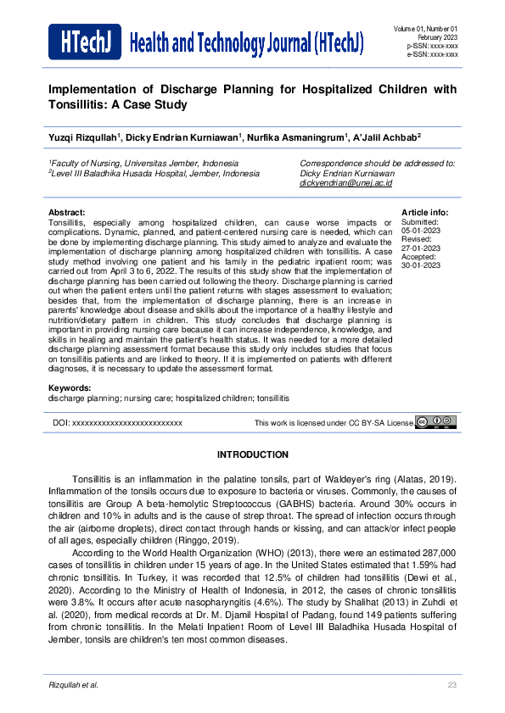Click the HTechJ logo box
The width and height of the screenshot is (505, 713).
84,42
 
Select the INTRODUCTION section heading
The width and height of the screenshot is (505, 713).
252,454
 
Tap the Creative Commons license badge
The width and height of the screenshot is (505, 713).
436,422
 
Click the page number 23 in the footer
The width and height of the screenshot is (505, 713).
452,684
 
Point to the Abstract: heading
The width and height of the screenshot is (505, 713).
67,211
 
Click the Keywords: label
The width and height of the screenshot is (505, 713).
70,387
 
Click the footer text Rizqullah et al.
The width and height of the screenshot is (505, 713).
74,684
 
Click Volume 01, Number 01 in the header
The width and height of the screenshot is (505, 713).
425,30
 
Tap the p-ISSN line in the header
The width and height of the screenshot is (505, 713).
433,46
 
